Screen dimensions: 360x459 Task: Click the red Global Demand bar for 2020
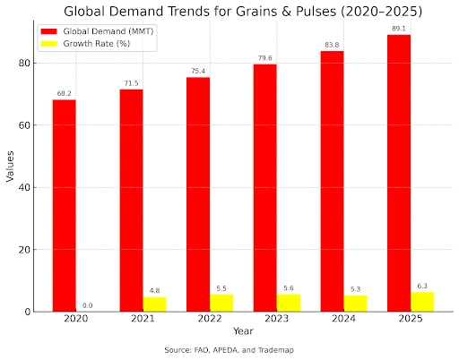click(x=64, y=205)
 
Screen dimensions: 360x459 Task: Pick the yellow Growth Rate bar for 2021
click(x=154, y=304)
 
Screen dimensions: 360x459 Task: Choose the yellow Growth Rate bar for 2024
click(x=355, y=303)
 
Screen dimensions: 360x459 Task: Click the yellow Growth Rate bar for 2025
click(x=422, y=301)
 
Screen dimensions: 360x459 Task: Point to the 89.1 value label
click(x=399, y=28)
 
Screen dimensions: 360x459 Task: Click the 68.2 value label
click(x=64, y=92)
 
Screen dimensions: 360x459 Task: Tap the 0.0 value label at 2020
click(x=87, y=305)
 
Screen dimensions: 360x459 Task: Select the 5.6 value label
click(x=289, y=287)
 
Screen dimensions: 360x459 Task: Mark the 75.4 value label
click(x=198, y=70)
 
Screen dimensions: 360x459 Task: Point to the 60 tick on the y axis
click(x=26, y=125)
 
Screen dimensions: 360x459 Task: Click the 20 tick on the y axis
click(x=26, y=250)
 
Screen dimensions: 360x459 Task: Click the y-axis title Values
click(x=10, y=167)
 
